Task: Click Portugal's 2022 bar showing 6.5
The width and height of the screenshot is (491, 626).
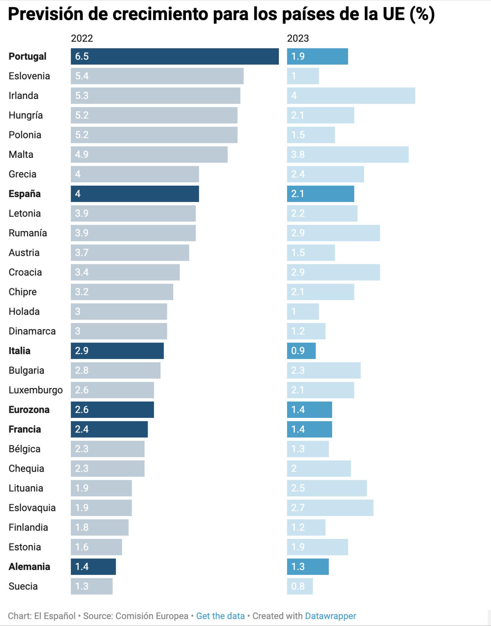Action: tap(175, 56)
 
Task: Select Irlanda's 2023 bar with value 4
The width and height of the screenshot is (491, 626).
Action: tap(351, 96)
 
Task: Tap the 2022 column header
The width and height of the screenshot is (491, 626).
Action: tap(82, 38)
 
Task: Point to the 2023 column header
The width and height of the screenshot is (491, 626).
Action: tap(298, 38)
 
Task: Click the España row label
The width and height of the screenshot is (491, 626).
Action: tap(24, 194)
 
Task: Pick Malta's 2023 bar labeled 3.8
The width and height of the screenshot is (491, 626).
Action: tap(348, 155)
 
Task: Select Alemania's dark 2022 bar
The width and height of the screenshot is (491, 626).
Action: tap(93, 567)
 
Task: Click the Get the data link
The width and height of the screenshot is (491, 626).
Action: tap(220, 616)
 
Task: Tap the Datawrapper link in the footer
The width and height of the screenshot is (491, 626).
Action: tap(330, 616)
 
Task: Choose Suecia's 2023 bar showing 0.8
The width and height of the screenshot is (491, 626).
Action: tap(300, 586)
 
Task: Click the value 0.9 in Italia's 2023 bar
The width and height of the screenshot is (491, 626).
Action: tap(298, 351)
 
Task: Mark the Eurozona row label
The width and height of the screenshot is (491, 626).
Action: tap(29, 410)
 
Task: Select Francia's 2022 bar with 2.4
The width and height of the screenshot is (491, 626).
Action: tap(109, 429)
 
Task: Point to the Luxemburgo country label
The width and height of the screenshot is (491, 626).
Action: tap(36, 390)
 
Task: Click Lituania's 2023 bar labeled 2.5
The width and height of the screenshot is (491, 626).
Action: tap(327, 488)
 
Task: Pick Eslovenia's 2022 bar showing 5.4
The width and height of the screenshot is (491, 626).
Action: tap(157, 76)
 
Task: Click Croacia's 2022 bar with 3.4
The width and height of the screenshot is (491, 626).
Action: tap(125, 272)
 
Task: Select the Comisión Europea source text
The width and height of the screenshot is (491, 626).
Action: tap(152, 616)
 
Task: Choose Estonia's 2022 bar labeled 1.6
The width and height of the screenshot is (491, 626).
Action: tap(96, 547)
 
